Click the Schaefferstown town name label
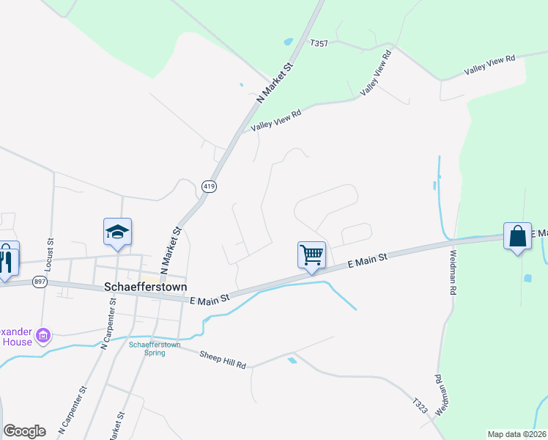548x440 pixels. click(x=146, y=287)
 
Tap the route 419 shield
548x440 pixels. click(x=210, y=187)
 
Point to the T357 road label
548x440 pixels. click(x=319, y=44)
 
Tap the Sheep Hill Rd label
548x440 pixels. click(x=223, y=358)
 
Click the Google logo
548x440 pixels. click(x=25, y=431)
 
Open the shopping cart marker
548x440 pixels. click(x=311, y=255)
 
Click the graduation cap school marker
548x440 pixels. click(x=118, y=232)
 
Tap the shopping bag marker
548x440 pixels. click(x=517, y=236)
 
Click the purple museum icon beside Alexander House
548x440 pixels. click(x=43, y=336)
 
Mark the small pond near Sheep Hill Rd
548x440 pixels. click(x=293, y=360)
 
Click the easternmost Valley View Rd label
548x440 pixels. click(x=489, y=65)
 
